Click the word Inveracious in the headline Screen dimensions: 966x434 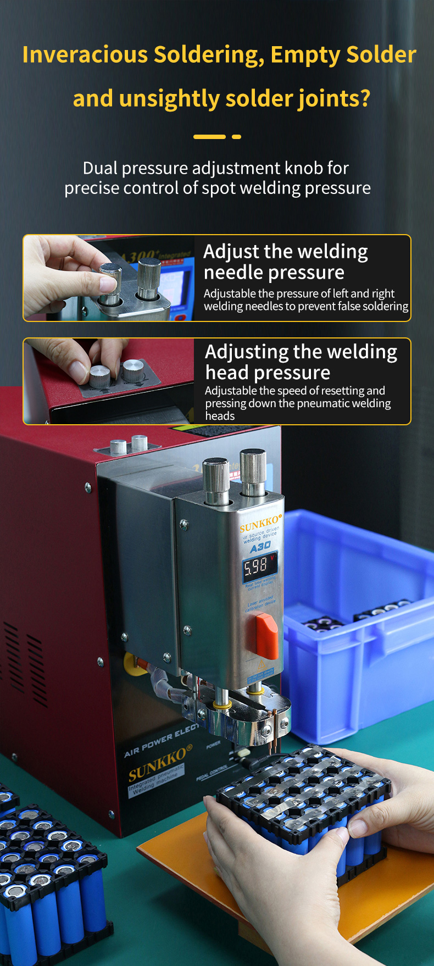pyautogui.click(x=85, y=55)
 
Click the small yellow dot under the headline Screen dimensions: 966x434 pyautogui.click(x=236, y=137)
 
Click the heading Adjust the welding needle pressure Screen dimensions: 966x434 pyautogui.click(x=285, y=262)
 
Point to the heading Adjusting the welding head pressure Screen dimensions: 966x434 pyautogui.click(x=301, y=362)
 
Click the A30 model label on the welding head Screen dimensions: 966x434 pyautogui.click(x=260, y=547)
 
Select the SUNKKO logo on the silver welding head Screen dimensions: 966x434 pyautogui.click(x=260, y=523)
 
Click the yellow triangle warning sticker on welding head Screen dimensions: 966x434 pyautogui.click(x=262, y=667)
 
